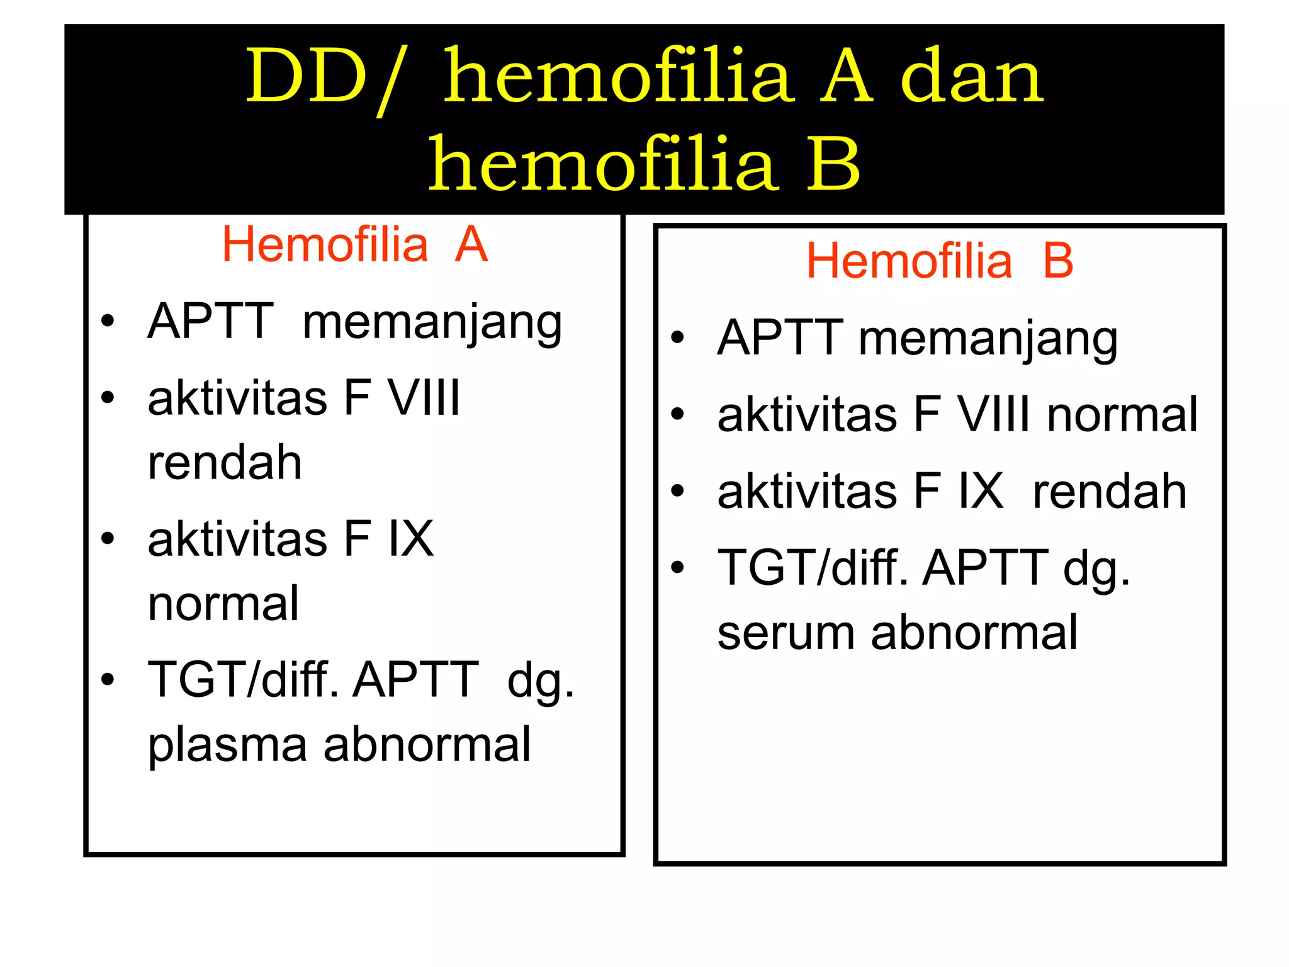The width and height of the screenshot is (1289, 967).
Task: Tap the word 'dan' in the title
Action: point(972,79)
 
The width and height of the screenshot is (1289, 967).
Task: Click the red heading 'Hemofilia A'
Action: point(354,245)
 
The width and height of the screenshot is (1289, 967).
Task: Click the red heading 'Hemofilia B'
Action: point(939,261)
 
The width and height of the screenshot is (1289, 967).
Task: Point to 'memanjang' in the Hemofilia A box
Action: point(432,322)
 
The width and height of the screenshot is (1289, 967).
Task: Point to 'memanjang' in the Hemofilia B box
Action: point(988,339)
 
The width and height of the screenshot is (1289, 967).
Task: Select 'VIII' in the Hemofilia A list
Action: point(424,399)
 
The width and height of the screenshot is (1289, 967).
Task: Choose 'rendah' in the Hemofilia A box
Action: point(225,463)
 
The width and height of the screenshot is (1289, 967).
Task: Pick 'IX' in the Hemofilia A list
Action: point(411,540)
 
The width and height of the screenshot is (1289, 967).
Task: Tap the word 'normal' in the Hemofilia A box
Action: point(223,604)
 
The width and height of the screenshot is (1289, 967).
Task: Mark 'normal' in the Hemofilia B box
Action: point(1122,416)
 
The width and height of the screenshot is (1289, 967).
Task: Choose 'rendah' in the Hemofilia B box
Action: point(1110,492)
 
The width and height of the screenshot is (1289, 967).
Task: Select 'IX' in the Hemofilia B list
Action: point(981,492)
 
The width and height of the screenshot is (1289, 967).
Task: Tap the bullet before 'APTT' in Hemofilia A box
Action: point(108,321)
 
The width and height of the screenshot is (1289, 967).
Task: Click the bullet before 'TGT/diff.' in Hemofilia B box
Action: point(677,567)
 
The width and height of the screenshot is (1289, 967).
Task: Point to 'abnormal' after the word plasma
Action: point(427,745)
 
